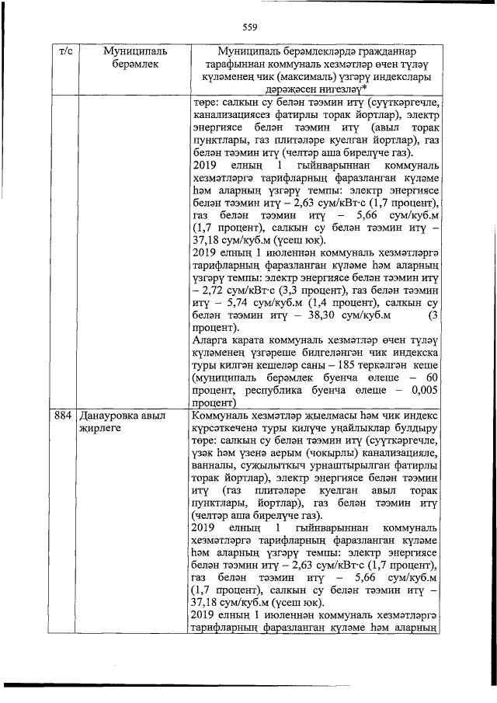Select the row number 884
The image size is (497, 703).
click(63, 416)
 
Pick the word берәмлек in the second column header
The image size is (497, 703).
click(128, 64)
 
